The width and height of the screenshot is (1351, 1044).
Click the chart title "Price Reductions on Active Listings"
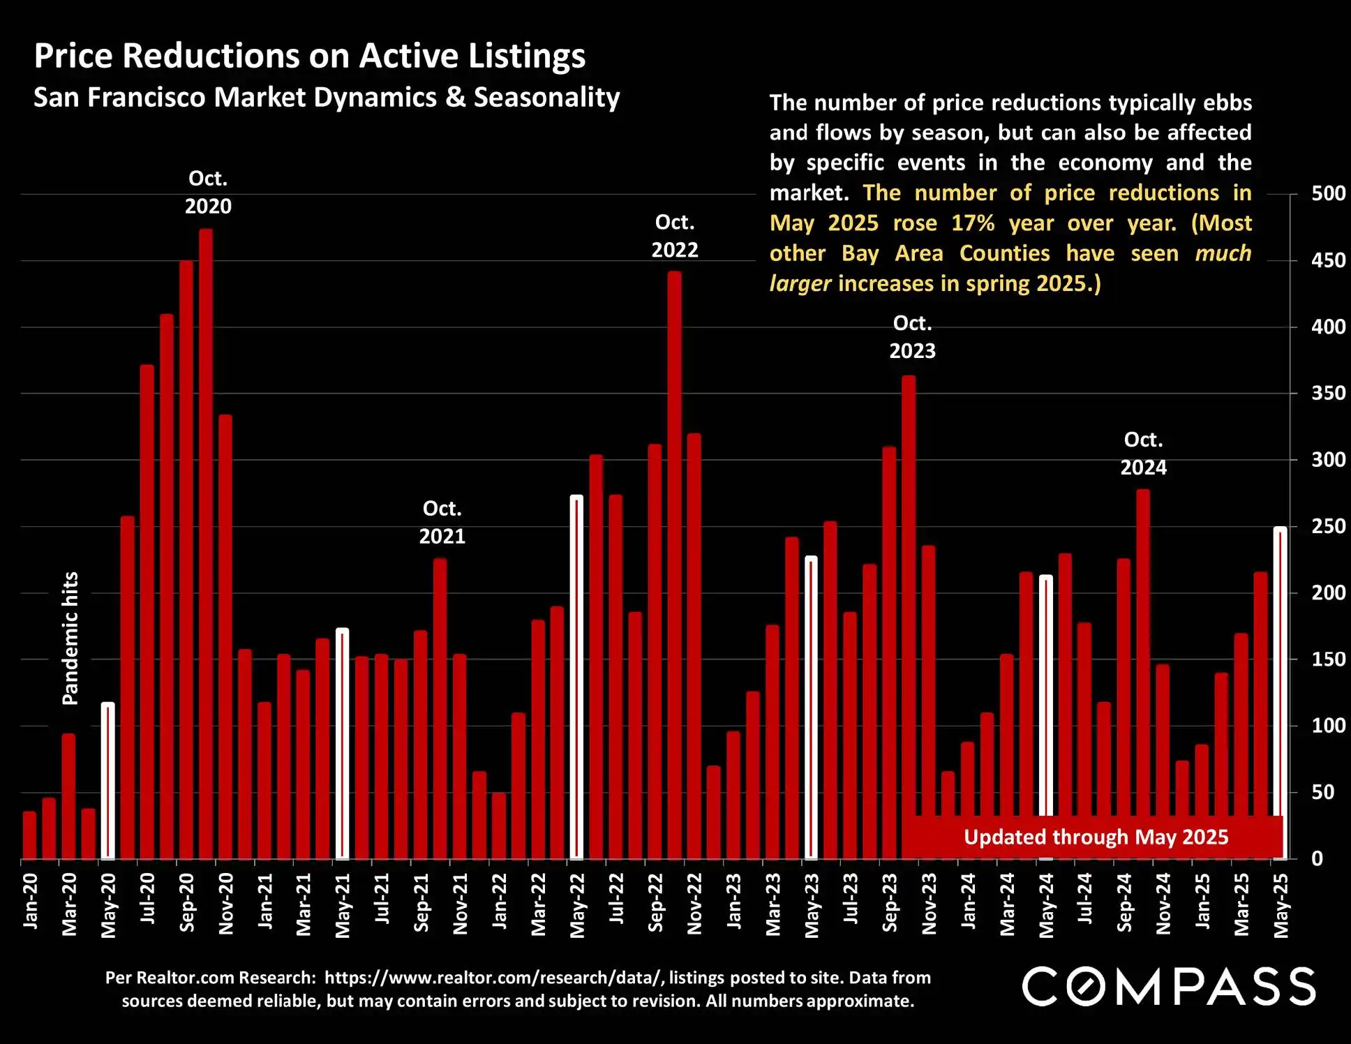310,56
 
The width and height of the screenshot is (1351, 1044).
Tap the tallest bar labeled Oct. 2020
206,544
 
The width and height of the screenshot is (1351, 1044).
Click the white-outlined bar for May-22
576,677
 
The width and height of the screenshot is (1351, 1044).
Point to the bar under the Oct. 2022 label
674,565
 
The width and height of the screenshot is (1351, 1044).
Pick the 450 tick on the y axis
1328,261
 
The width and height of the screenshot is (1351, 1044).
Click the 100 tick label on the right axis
1328,726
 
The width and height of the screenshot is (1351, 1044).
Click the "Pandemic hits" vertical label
70,638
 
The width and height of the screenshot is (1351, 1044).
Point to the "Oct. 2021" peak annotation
442,522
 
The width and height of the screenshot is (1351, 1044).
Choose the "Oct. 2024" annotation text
1143,454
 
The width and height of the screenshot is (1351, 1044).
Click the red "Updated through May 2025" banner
1095,837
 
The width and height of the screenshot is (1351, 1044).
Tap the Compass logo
1169,986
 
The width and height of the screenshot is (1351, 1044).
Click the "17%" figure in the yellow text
973,223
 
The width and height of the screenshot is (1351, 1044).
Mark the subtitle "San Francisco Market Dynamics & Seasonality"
327,97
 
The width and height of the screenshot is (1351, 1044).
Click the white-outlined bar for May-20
108,782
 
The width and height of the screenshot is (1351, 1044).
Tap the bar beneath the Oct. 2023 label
909,614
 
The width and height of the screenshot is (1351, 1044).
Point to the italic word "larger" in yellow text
800,284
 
